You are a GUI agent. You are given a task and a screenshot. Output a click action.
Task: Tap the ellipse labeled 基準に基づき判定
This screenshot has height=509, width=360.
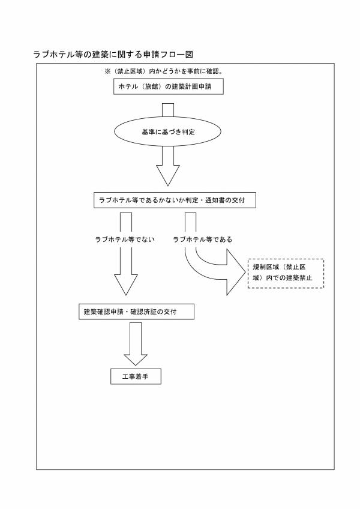pyautogui.click(x=167, y=132)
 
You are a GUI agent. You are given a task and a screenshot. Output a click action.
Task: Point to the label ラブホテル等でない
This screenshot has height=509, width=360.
pyautogui.click(x=125, y=239)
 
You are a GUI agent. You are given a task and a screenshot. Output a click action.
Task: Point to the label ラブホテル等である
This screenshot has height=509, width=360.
pyautogui.click(x=202, y=239)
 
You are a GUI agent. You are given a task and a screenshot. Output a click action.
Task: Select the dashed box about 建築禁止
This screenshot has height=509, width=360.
pyautogui.click(x=286, y=274)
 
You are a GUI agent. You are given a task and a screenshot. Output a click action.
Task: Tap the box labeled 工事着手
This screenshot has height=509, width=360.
pyautogui.click(x=136, y=376)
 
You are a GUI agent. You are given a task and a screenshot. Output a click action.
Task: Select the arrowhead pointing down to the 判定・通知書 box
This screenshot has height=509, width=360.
pyautogui.click(x=167, y=175)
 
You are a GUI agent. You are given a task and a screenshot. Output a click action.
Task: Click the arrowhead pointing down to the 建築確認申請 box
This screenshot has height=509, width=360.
pyautogui.click(x=125, y=285)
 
